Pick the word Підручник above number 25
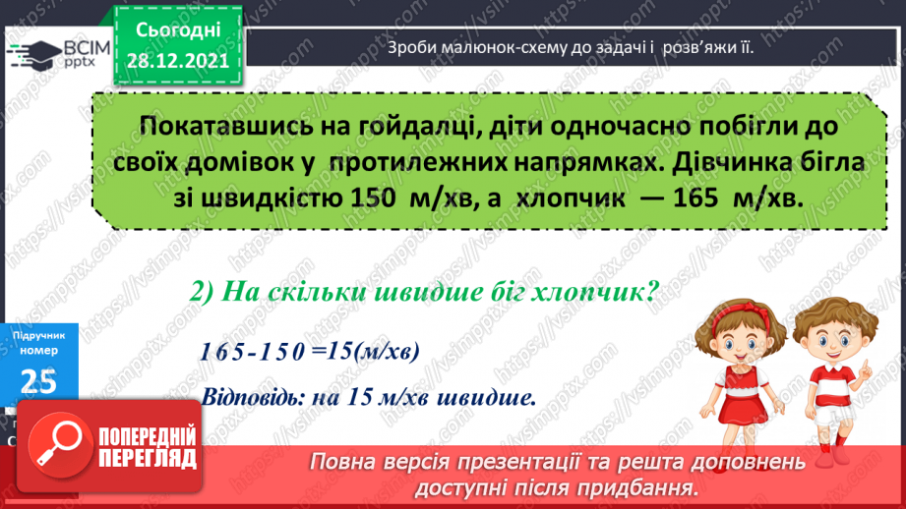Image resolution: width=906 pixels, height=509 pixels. point(36,336)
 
